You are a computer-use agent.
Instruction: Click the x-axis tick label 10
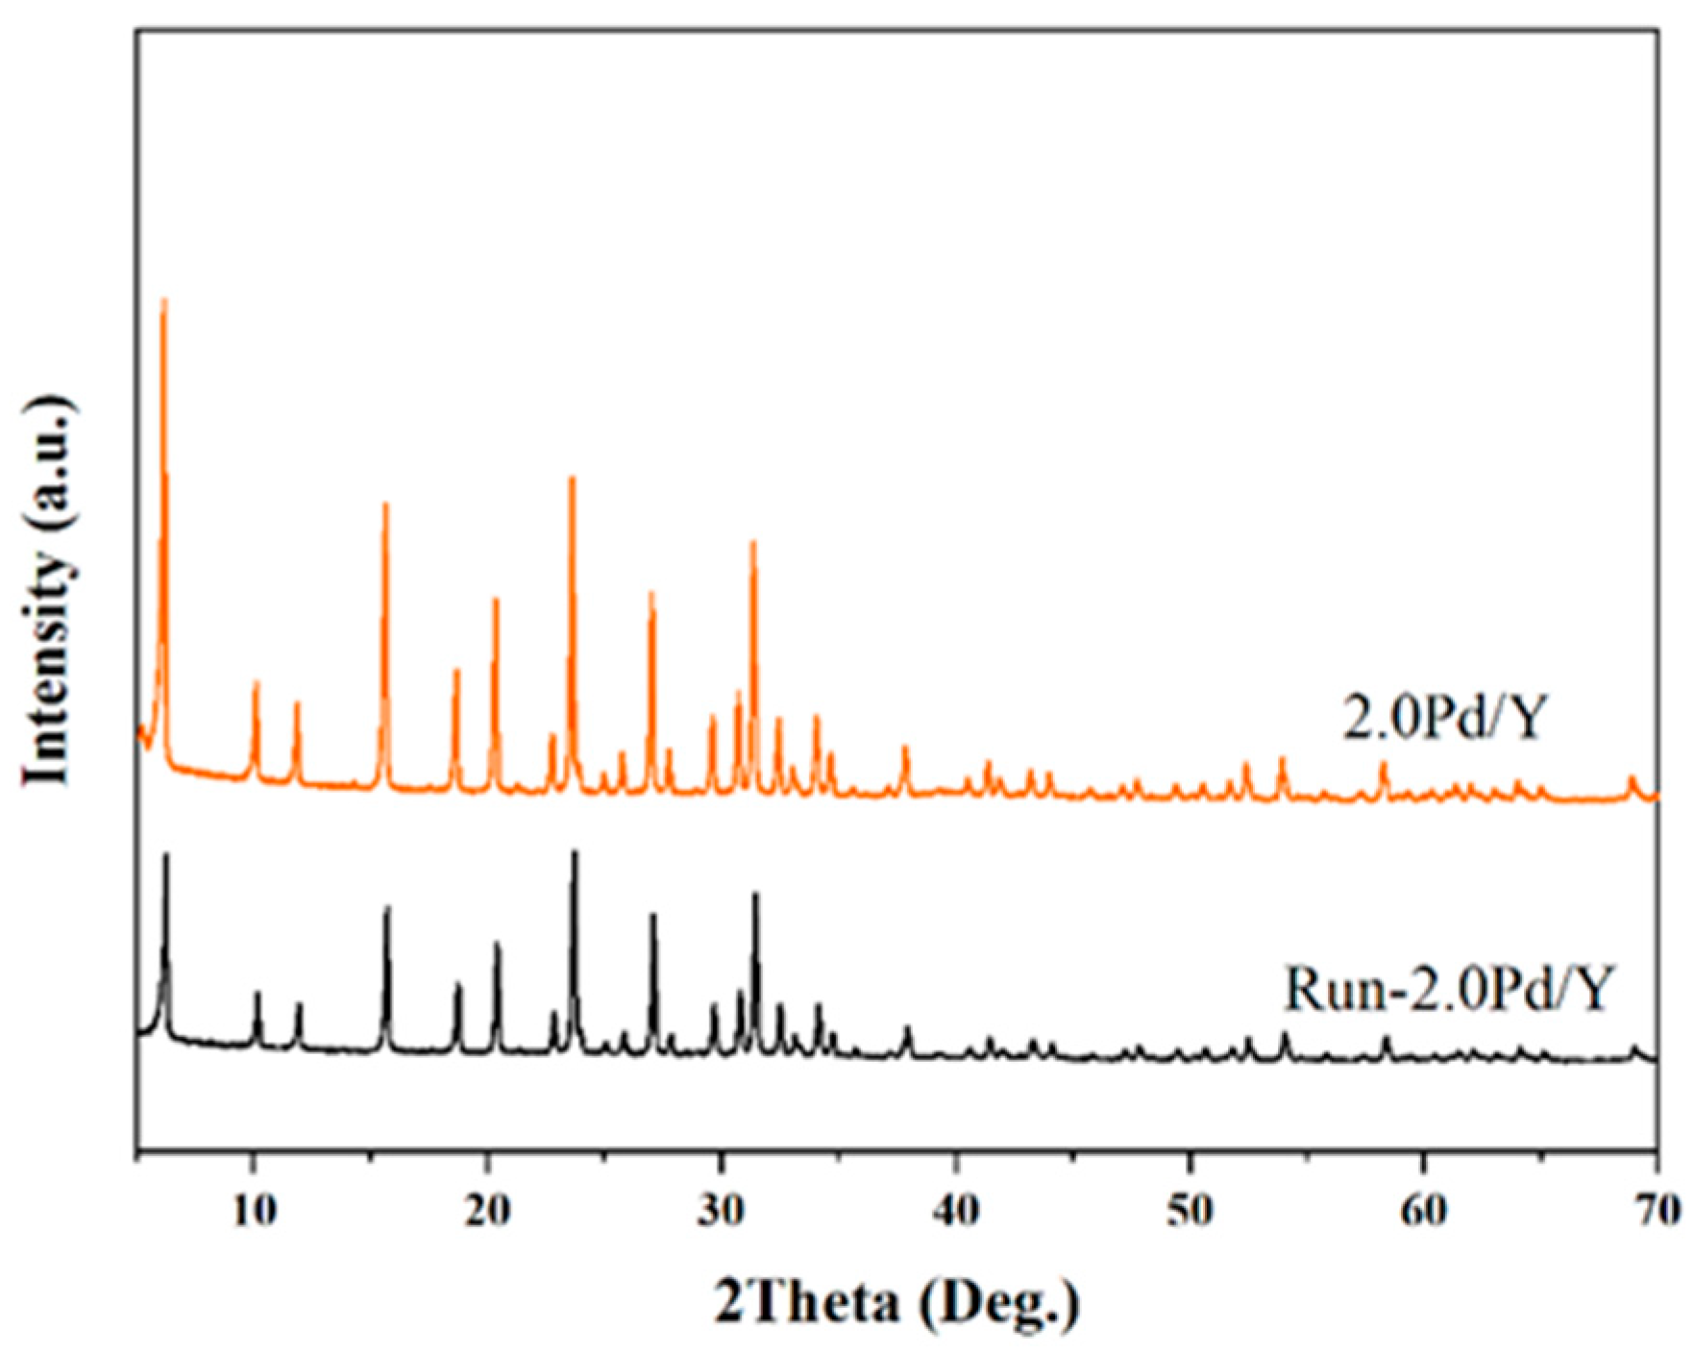[254, 1210]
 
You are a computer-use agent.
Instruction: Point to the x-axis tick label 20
[487, 1210]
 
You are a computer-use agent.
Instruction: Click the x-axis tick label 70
[1657, 1210]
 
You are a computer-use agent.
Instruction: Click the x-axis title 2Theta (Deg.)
[896, 1303]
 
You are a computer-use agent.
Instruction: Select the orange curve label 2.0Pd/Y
[1446, 718]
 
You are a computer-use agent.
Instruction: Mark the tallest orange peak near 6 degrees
[163, 301]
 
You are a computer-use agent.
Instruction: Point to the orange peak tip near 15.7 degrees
[385, 505]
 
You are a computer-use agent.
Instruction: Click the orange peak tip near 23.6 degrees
[572, 479]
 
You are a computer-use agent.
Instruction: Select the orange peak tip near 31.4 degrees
[753, 543]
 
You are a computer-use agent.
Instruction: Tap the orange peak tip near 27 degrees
[651, 593]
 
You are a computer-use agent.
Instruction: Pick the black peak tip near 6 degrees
[166, 854]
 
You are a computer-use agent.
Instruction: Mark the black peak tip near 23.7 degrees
[575, 852]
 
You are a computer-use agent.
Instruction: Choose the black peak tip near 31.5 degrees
[755, 895]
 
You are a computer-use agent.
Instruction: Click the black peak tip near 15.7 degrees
[387, 908]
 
